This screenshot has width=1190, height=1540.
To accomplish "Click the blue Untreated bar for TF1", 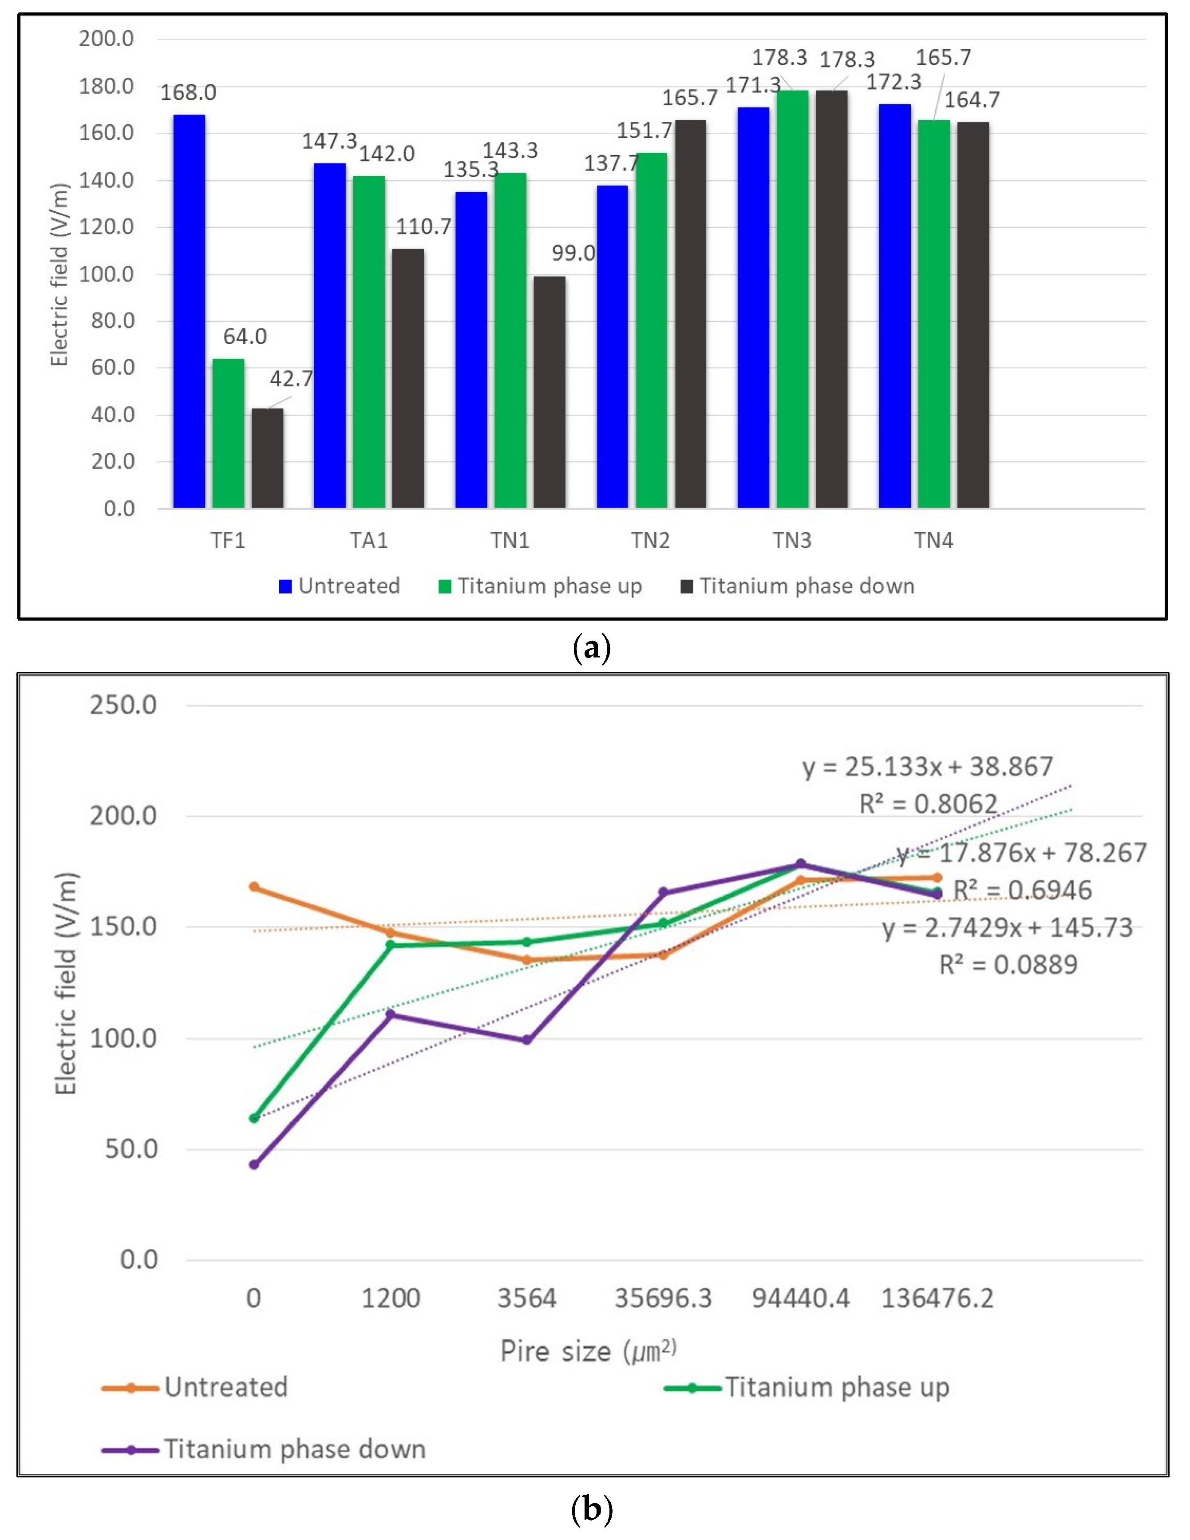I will pos(189,311).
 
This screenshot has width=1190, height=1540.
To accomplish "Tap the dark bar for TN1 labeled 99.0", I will pos(549,392).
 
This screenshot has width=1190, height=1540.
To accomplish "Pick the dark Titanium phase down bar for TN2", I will pos(690,314).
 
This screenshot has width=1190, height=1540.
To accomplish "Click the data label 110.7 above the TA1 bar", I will pos(423,227).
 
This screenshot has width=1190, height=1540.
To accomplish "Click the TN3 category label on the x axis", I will pos(792,540).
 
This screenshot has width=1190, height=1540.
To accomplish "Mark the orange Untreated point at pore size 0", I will pos(254,887).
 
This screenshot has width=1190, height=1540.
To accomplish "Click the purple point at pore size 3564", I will pos(526,1040).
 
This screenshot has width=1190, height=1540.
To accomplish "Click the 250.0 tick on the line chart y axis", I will pos(123,705).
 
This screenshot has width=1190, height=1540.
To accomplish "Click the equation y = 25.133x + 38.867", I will pos(928,767).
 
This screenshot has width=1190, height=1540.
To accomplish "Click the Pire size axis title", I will pos(588,1352).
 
